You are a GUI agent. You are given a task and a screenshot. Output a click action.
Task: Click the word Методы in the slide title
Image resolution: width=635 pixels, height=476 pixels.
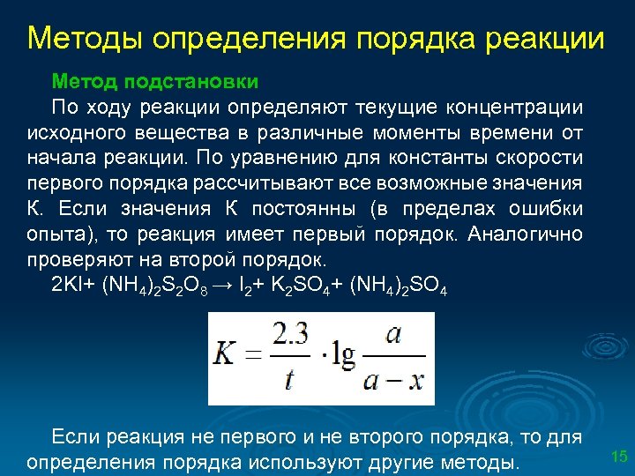pos(84,40)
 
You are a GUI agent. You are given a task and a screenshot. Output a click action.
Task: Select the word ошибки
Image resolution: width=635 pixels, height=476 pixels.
pos(549,210)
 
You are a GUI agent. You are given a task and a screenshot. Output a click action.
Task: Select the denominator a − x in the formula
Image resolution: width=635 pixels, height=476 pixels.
pos(392,380)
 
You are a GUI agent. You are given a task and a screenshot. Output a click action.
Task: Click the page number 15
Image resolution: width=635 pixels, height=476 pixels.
pos(619,456)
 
